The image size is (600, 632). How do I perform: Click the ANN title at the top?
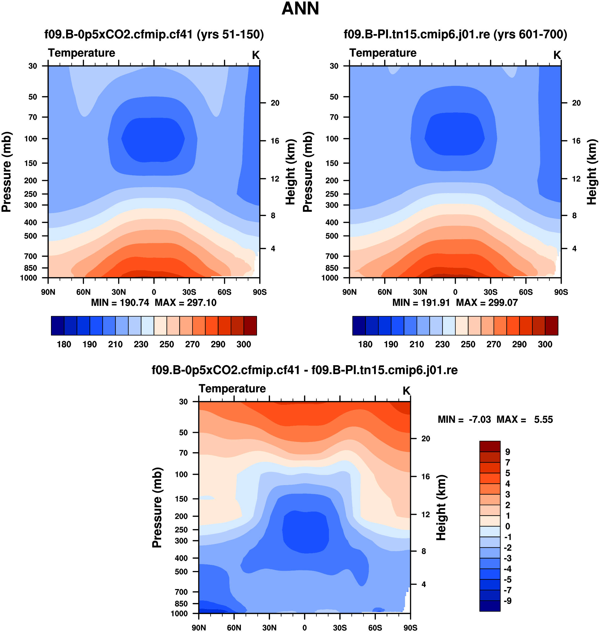(x=300, y=9)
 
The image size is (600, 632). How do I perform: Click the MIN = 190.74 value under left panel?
(x=120, y=303)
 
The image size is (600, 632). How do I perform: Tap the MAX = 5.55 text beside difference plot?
(x=525, y=420)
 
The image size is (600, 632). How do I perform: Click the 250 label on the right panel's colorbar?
(x=468, y=345)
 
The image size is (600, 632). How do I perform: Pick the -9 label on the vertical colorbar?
(x=508, y=601)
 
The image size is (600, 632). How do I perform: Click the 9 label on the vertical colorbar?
(x=508, y=452)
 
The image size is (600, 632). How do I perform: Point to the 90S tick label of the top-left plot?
(x=260, y=292)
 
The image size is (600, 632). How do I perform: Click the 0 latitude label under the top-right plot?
(x=455, y=292)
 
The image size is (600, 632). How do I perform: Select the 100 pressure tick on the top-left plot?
(x=31, y=139)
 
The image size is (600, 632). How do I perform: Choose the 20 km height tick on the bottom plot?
(x=426, y=439)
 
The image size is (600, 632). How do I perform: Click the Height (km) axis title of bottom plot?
(x=441, y=508)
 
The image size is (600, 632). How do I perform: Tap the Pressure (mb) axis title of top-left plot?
(x=6, y=172)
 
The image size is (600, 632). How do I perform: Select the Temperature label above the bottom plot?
(x=232, y=389)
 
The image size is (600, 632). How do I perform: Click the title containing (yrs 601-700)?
(x=455, y=34)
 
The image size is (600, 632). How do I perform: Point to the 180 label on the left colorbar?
(x=64, y=345)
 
